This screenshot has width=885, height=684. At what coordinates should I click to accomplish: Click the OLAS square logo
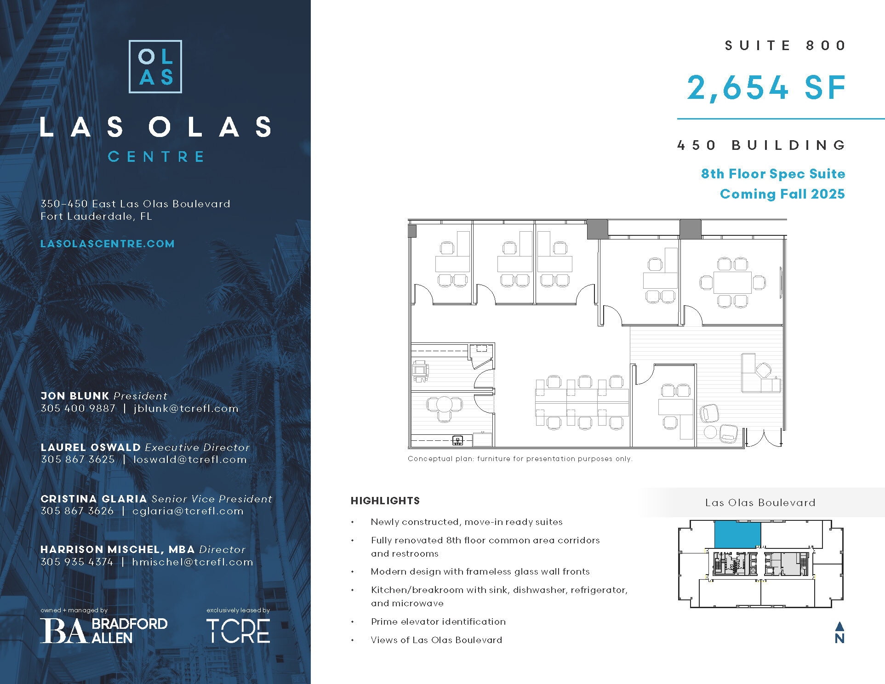pos(155,67)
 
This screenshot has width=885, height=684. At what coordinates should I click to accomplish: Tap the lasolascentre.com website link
pos(108,244)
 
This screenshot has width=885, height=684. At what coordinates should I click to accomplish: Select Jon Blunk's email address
pos(186,408)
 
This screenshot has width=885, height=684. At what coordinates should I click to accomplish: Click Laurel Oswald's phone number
pos(78,459)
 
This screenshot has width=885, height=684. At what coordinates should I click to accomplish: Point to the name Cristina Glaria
pos(94,499)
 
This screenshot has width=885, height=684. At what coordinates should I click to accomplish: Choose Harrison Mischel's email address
pos(192,562)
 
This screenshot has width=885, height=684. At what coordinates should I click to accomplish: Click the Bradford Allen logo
pos(104,630)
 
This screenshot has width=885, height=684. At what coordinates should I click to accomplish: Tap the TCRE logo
pos(238,631)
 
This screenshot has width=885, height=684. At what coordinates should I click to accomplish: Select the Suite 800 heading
pos(785,46)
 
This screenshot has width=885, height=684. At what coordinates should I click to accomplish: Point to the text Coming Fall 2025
pos(782,194)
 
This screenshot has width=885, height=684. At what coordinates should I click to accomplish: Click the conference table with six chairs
pos(732,282)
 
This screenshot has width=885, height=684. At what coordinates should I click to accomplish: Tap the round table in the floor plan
pos(445,405)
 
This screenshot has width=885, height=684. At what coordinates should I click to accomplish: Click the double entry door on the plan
pos(764,438)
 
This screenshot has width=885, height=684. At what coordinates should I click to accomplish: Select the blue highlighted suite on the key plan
pos(737,534)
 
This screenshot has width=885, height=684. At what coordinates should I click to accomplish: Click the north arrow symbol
pos(839,633)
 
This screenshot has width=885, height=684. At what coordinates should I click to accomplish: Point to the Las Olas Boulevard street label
pos(760,502)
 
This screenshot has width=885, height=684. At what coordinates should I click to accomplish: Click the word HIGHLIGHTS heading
pos(385,501)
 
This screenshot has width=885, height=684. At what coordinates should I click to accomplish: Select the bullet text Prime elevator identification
pos(438,621)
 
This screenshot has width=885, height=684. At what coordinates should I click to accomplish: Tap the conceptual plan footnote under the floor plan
pos(520,459)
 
